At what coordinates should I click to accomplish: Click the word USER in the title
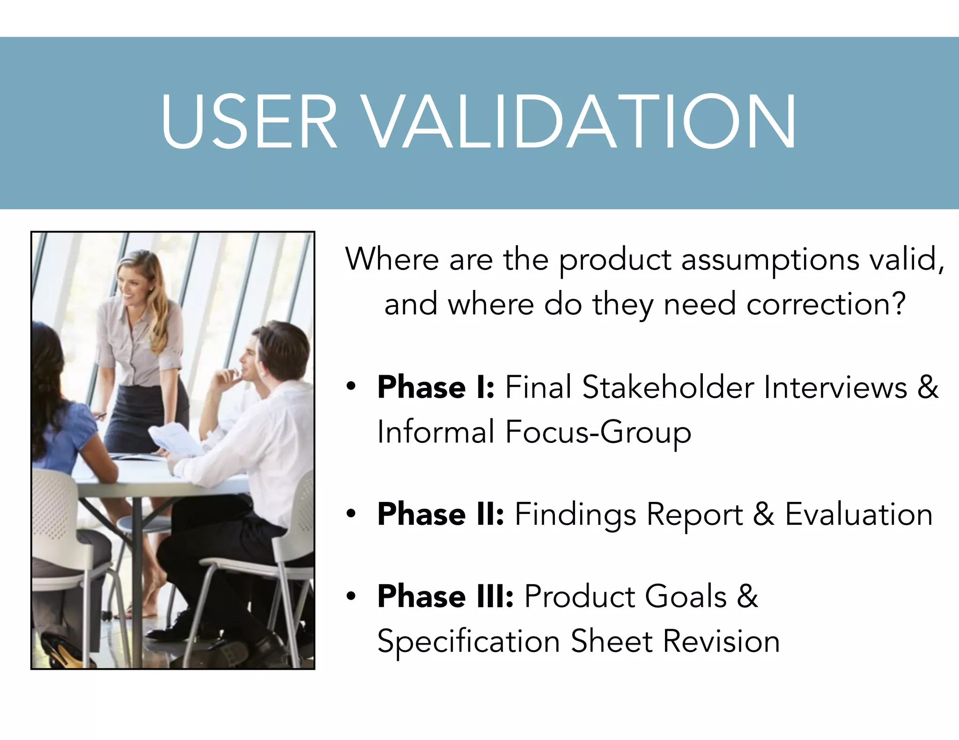click(x=249, y=122)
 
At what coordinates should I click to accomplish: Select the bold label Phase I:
click(x=435, y=387)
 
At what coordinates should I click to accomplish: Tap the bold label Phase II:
click(x=441, y=514)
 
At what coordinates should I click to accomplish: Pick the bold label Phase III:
click(x=445, y=596)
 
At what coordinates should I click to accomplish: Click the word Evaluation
click(x=858, y=514)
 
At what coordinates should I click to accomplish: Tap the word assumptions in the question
click(x=770, y=260)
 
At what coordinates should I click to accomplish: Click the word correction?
click(x=826, y=305)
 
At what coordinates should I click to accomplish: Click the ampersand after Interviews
click(x=928, y=387)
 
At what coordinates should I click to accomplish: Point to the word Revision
click(x=721, y=641)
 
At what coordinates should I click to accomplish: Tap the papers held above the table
click(x=176, y=437)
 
